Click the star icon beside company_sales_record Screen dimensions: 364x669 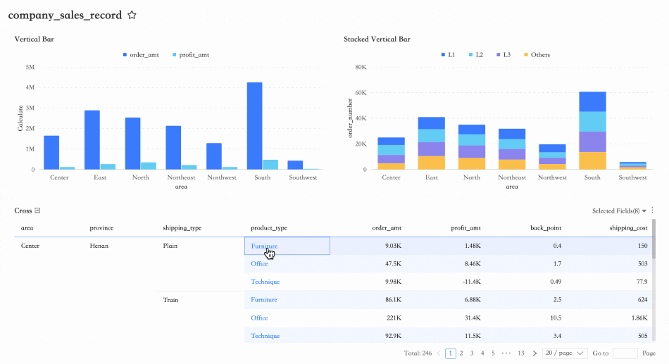click(132, 15)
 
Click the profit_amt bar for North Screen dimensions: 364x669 click(148, 166)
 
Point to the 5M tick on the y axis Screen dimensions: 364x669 click(30, 68)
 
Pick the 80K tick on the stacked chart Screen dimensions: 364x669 click(361, 68)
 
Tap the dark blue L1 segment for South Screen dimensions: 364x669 click(592, 101)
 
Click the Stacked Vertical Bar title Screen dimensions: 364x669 click(377, 39)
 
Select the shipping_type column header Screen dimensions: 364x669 click(182, 228)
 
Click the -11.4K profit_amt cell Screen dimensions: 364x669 click(470, 282)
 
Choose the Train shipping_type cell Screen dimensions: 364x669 click(170, 300)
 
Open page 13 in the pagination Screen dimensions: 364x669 click(521, 353)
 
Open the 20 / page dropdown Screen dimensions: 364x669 click(565, 353)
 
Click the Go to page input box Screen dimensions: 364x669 click(625, 353)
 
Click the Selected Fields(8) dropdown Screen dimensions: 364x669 click(619, 211)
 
